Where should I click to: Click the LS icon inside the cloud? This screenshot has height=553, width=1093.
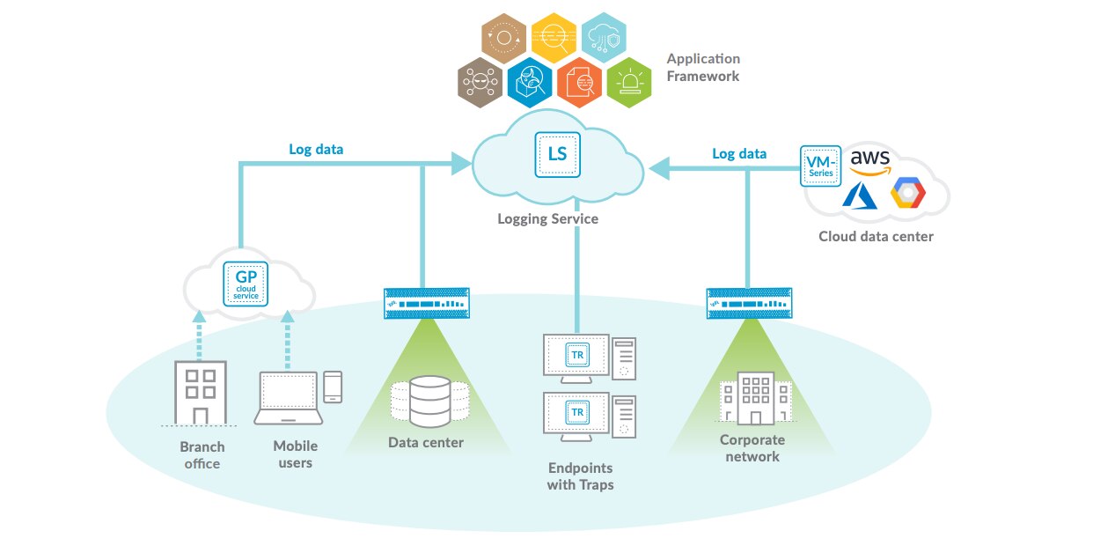557,154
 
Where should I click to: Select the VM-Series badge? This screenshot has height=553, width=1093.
821,166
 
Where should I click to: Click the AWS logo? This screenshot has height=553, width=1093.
870,161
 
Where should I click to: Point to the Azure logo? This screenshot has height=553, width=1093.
860,195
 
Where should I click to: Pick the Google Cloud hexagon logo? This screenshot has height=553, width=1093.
907,193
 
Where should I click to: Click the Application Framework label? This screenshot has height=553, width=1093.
703,68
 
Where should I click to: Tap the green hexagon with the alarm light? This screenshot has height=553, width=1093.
630,84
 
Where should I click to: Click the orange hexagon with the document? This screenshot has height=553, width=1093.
580,84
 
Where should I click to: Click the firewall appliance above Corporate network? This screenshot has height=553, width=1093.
748,304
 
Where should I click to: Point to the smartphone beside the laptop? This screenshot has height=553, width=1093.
332,386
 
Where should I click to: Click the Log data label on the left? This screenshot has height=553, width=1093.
316,150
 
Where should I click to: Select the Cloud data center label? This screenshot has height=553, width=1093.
876,236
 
